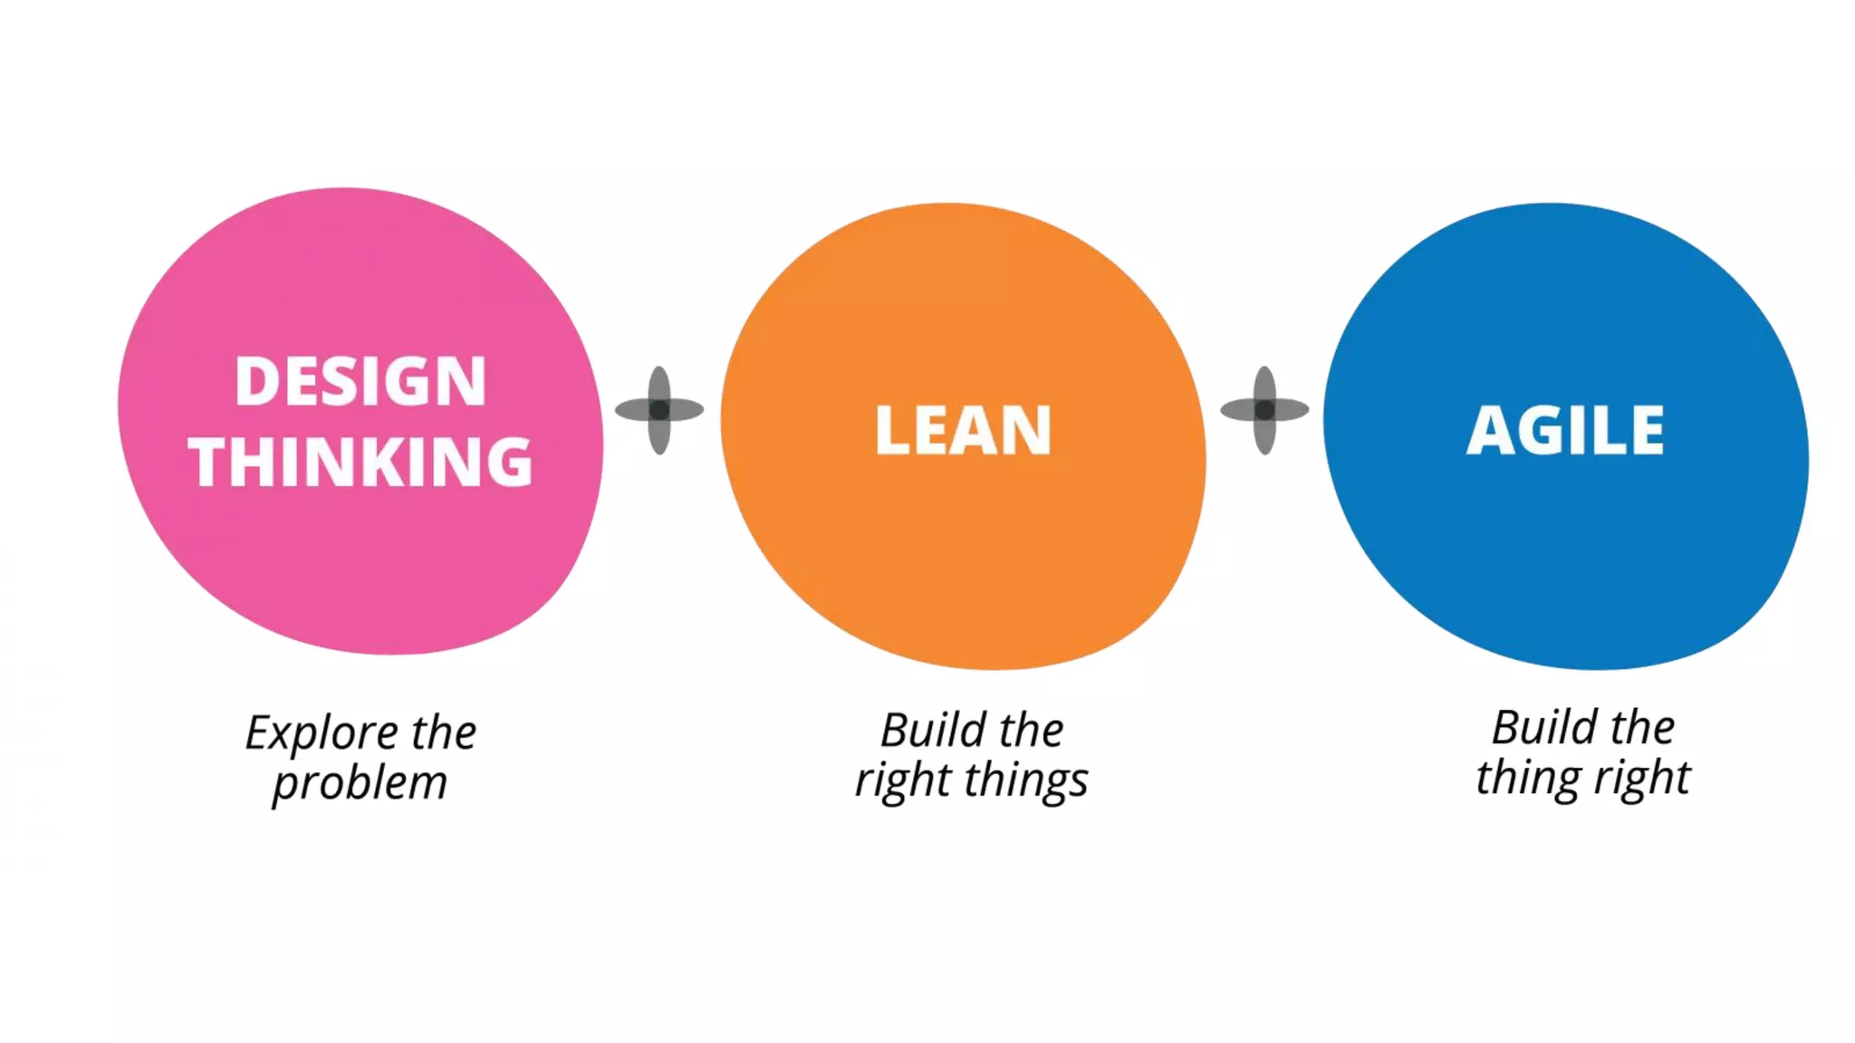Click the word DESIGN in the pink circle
[x=360, y=381]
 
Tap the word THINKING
[x=360, y=462]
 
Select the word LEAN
[x=963, y=430]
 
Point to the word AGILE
[x=1565, y=430]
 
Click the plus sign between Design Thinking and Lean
[x=659, y=410]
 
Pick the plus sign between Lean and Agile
[x=1264, y=410]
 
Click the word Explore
[x=322, y=733]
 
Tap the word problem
[x=360, y=783]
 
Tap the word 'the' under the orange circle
[x=1032, y=730]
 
